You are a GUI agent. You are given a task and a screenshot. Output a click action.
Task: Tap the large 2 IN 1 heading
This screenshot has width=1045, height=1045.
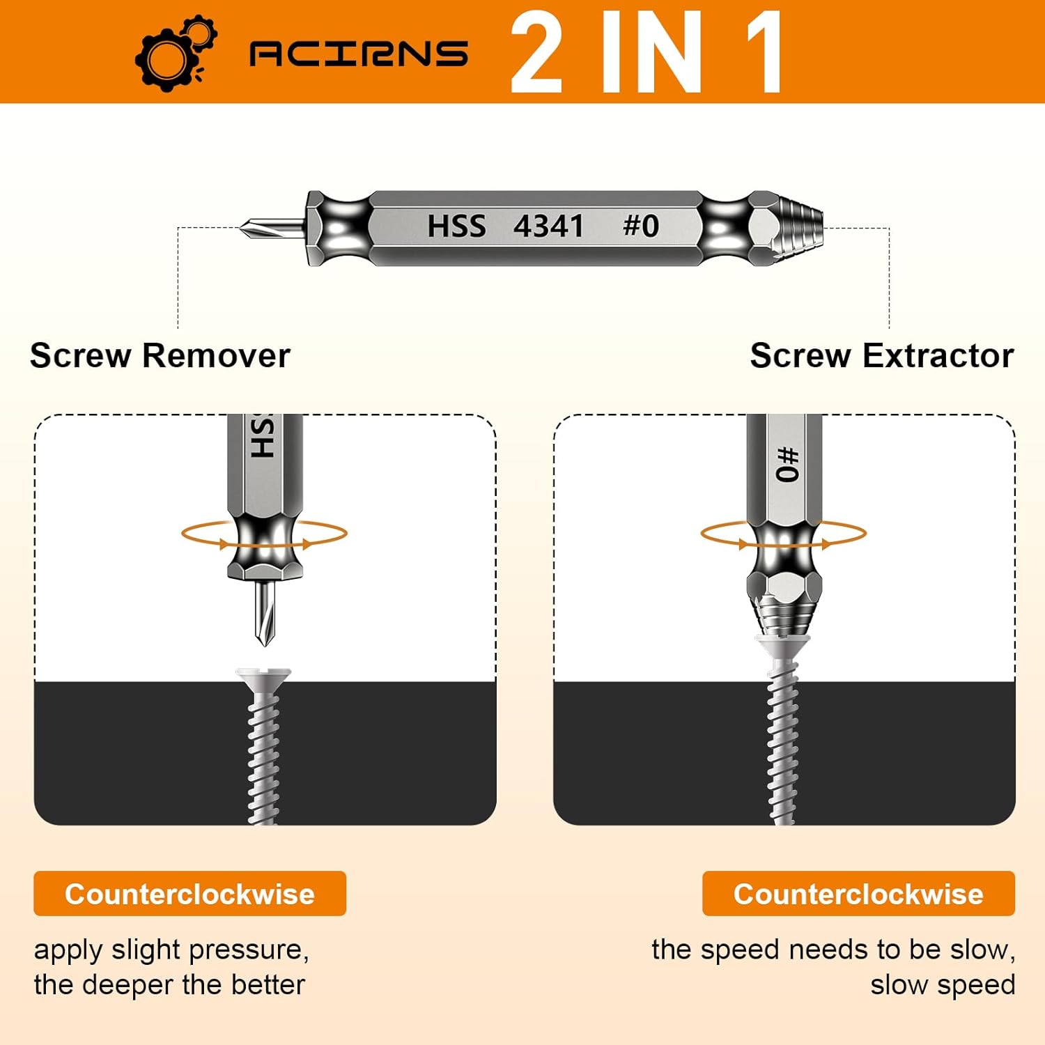point(647,53)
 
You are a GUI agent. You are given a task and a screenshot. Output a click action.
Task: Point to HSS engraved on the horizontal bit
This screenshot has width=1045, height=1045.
point(456,226)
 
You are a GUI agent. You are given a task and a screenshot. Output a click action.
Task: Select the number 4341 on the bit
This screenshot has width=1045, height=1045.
point(548,226)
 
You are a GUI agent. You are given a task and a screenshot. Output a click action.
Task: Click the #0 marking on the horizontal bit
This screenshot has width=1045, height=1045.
point(640,226)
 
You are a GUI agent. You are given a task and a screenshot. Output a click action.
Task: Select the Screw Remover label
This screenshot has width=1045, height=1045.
point(160,356)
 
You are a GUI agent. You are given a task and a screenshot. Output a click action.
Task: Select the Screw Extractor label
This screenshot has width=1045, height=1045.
point(881,356)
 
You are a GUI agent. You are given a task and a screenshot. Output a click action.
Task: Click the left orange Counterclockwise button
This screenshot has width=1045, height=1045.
point(189,894)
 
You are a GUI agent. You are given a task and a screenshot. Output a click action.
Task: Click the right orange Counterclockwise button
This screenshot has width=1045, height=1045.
point(858,894)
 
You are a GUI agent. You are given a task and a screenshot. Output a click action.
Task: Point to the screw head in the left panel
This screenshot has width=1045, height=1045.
point(263,676)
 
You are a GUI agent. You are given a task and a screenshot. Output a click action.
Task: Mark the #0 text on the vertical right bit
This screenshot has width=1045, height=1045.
point(787,465)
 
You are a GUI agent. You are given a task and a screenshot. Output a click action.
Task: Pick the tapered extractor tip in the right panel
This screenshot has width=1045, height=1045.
point(784,617)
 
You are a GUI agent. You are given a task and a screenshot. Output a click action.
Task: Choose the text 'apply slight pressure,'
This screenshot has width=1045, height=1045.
point(171,950)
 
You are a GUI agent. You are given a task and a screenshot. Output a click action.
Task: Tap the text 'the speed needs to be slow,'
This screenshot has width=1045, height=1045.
point(833,950)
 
